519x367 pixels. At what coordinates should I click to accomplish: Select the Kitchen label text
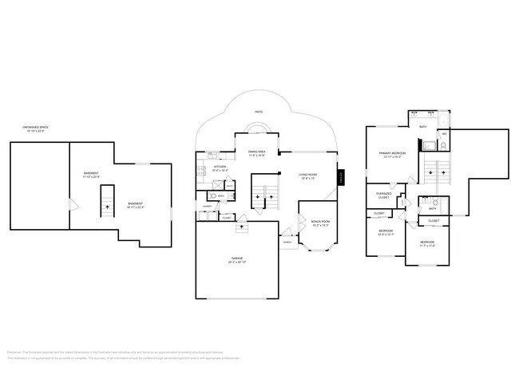pyautogui.click(x=220, y=168)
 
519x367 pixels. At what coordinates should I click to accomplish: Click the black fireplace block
pyautogui.click(x=340, y=177)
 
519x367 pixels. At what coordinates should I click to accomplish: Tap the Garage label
pyautogui.click(x=237, y=260)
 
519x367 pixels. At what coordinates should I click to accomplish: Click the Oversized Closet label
pyautogui.click(x=383, y=195)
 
